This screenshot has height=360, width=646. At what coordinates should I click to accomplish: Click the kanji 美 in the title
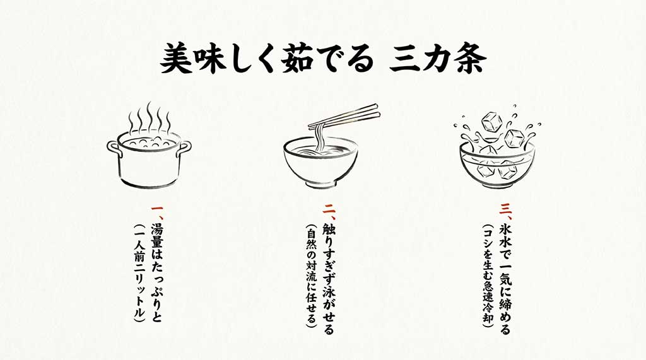[x=175, y=59]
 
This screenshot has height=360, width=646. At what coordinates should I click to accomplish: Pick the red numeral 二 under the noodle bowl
[x=329, y=209]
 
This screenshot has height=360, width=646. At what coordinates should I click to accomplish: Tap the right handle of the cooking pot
[x=184, y=149]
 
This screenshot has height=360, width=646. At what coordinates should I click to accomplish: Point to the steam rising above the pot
[x=150, y=118]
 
